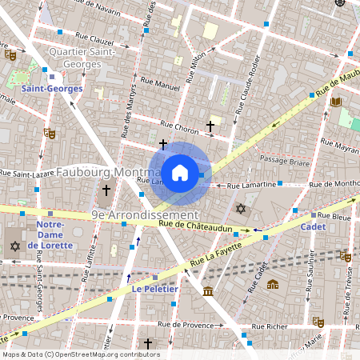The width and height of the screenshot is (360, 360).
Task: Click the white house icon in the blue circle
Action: pyautogui.click(x=180, y=172)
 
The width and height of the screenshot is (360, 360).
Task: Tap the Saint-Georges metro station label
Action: pyautogui.click(x=53, y=89)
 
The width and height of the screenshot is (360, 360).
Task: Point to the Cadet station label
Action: pyautogui.click(x=313, y=227)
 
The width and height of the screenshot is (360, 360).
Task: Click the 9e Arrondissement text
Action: pyautogui.click(x=145, y=215)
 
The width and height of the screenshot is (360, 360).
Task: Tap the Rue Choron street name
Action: pyautogui.click(x=180, y=126)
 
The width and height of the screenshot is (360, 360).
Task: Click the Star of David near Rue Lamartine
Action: pyautogui.click(x=241, y=209)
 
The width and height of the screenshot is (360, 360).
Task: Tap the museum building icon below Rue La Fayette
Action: pyautogui.click(x=208, y=290)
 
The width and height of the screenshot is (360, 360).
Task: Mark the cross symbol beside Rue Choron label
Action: pyautogui.click(x=210, y=126)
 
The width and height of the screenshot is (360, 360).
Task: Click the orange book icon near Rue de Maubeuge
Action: pyautogui.click(x=335, y=102)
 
